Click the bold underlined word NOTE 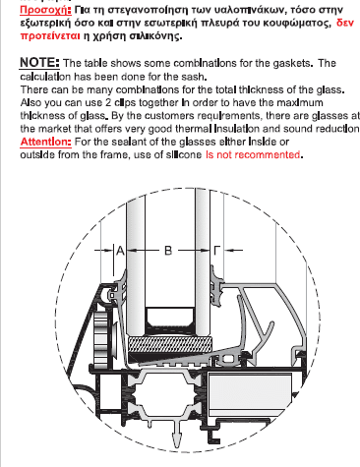coord(39,62)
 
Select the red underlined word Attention coord(45,142)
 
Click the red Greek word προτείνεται coord(50,35)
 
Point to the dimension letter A coord(120,251)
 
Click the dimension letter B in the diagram coord(168,251)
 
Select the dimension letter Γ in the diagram coord(217,251)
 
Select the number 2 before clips coord(108,102)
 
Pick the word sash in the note coord(195,77)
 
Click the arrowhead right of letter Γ coord(229,251)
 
